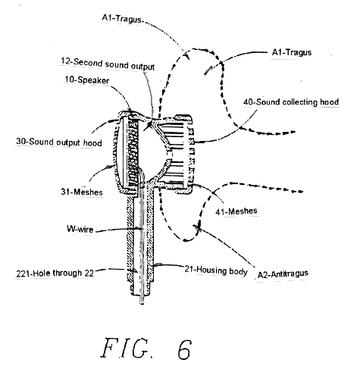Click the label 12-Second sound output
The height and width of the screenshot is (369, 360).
tap(108, 64)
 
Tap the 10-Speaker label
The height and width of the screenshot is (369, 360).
tap(87, 80)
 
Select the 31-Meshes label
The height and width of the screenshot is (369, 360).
tap(82, 192)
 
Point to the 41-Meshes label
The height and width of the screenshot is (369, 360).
tap(236, 211)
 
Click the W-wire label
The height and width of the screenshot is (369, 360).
tap(80, 229)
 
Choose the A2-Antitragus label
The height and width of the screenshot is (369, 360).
tap(283, 274)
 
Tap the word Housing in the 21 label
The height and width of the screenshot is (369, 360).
tap(211, 270)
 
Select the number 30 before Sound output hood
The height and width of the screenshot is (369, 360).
tap(21, 142)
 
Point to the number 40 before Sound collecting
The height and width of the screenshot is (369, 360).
tap(249, 102)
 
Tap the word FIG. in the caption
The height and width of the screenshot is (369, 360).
tap(127, 349)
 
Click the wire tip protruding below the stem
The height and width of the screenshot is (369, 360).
tap(142, 302)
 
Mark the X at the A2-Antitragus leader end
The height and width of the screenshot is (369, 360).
tap(198, 227)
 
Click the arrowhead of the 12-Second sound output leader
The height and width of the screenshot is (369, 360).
tap(148, 126)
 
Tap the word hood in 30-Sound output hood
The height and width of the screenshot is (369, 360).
tap(92, 143)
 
